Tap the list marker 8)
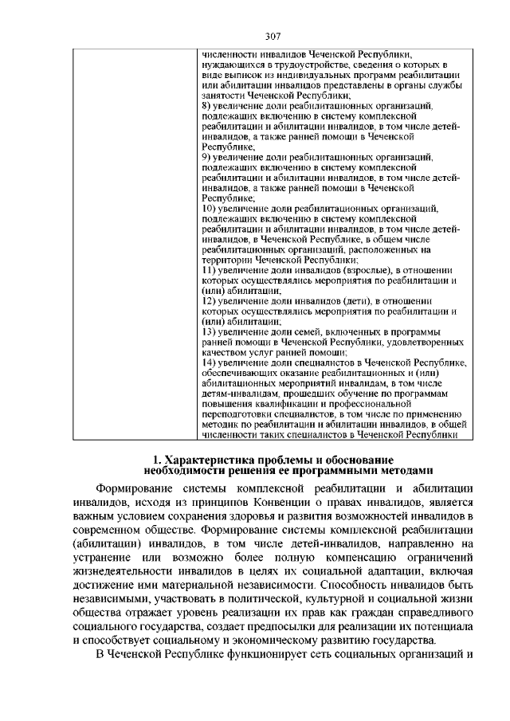pos(206,105)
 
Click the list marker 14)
pos(209,363)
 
